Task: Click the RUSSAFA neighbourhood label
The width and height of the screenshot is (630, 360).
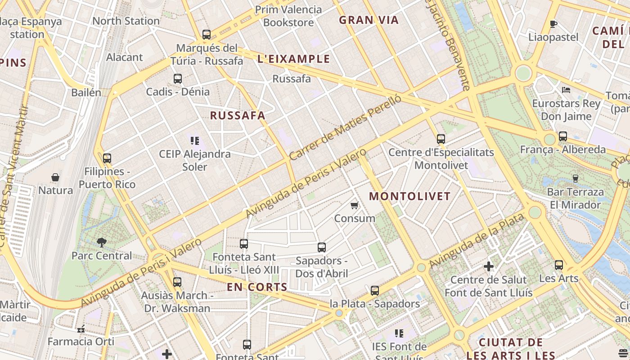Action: [x=238, y=116]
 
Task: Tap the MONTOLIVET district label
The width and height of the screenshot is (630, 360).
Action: [x=409, y=196]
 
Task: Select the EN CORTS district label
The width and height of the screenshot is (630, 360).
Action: [x=256, y=287]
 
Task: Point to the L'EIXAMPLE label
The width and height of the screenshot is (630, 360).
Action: [x=294, y=59]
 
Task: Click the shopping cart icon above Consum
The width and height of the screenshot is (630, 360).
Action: [x=354, y=206]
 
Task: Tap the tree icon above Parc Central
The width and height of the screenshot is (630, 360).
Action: [x=102, y=243]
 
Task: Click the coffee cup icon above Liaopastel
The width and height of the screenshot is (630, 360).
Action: [x=553, y=24]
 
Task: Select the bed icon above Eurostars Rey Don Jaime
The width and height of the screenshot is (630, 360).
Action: [x=566, y=90]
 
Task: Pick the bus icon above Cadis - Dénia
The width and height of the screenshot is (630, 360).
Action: [x=178, y=79]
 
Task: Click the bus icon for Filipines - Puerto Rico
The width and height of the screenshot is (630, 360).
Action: [x=107, y=158]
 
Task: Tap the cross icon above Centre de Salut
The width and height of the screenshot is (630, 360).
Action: [x=489, y=266]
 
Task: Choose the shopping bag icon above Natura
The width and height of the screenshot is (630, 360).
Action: [x=55, y=177]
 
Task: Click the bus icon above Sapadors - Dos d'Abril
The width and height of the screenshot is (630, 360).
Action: [x=321, y=247]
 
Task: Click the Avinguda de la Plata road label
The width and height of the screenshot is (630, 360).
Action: [x=477, y=241]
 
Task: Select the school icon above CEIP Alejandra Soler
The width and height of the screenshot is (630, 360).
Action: [x=195, y=141]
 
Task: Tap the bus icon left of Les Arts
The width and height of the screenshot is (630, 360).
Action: [x=558, y=265]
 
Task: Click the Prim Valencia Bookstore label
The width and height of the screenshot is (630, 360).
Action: [x=288, y=16]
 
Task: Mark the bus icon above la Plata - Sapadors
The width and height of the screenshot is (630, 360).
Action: [x=375, y=291]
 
